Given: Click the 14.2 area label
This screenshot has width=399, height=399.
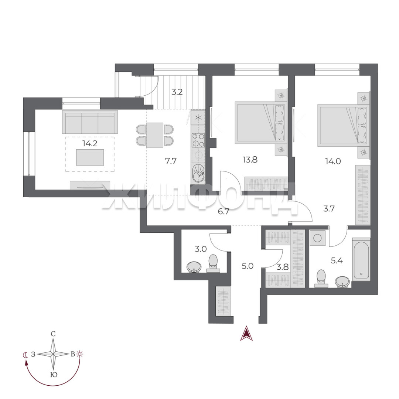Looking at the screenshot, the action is pos(90,143).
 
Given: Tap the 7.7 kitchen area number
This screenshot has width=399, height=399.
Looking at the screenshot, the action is pos(171,161).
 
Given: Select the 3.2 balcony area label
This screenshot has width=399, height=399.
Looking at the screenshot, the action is pos(177,92).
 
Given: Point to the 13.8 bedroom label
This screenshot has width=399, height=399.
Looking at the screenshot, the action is pos(250,160).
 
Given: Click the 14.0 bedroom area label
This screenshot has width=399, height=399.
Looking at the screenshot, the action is pos(333,161).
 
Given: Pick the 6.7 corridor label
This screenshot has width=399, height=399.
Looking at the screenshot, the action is pos(224,211).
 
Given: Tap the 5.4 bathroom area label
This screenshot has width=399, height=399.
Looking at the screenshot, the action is pos(337,260).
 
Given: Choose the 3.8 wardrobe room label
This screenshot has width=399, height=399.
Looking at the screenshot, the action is pos(283,267).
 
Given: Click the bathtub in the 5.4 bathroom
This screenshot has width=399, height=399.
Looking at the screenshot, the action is pos(361,258).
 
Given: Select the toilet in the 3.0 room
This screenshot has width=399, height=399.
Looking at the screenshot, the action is pos(213,263).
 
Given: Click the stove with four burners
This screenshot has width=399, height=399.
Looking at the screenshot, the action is pos(198,140).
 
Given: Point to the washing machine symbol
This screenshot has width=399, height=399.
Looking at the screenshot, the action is pos(317,238).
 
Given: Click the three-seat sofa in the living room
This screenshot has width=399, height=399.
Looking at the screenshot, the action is pos(90,122).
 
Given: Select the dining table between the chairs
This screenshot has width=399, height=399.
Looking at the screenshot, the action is pos(155,135).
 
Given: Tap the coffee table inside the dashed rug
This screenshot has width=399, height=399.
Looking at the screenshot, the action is pos(90,157).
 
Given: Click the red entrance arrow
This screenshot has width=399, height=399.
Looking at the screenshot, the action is pos(246,333).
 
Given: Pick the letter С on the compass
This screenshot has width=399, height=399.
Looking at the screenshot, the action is pos(53,334).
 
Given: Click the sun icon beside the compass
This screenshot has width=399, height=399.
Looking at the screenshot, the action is pos(80,354).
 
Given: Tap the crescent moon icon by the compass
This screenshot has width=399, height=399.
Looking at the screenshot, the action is pos(25,355).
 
